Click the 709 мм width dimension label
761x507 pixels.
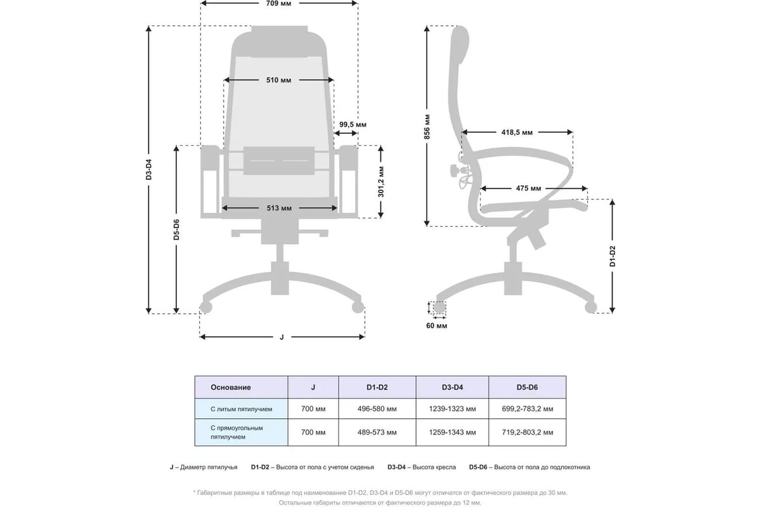278,3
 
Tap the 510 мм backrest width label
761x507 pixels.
278,80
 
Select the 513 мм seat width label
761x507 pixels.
279,208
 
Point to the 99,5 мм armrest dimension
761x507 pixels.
353,125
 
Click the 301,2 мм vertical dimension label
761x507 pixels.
381,182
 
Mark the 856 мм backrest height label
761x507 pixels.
427,127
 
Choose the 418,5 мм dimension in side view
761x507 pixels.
517,132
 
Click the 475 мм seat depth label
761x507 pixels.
528,188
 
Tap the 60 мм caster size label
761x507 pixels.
436,326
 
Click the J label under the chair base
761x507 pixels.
282,337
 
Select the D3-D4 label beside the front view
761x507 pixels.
149,169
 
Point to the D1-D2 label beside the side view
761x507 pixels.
612,256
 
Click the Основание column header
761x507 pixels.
231,387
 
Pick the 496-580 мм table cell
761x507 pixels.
377,409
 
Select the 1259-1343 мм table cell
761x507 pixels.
452,432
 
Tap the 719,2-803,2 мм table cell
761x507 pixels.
527,432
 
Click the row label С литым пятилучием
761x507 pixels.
241,409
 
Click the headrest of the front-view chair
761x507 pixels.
279,41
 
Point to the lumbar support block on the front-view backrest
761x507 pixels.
279,160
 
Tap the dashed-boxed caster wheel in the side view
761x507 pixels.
439,307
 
